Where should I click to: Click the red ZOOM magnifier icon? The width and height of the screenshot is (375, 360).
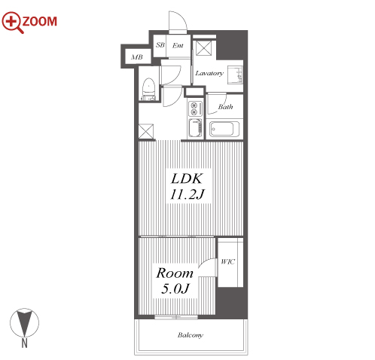(12, 22)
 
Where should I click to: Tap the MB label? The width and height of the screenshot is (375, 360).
(137, 57)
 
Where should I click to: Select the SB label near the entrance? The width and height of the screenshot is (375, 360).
(160, 45)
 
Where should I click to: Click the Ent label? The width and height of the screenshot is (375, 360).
(178, 45)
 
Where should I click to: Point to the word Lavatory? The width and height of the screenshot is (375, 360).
(209, 73)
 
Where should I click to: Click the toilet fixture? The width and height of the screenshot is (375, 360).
(148, 90)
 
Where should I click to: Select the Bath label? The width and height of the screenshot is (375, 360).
(225, 107)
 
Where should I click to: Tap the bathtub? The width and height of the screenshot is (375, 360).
(224, 129)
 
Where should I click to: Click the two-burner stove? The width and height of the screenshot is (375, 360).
(194, 108)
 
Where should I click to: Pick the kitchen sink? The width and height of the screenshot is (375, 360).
(195, 128)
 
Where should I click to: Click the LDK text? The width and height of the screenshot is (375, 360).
(187, 178)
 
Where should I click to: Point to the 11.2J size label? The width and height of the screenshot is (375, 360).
(187, 194)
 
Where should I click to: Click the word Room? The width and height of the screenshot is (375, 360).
(175, 273)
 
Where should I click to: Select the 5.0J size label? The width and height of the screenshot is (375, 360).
(175, 288)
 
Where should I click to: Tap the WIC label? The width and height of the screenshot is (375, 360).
(227, 262)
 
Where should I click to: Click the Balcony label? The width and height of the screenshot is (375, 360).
(191, 335)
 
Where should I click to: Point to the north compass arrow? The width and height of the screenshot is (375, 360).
(24, 322)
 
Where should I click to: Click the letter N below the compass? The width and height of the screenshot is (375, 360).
(24, 343)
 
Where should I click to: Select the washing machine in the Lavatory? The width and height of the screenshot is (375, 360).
(235, 75)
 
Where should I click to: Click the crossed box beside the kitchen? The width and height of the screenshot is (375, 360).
(146, 131)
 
